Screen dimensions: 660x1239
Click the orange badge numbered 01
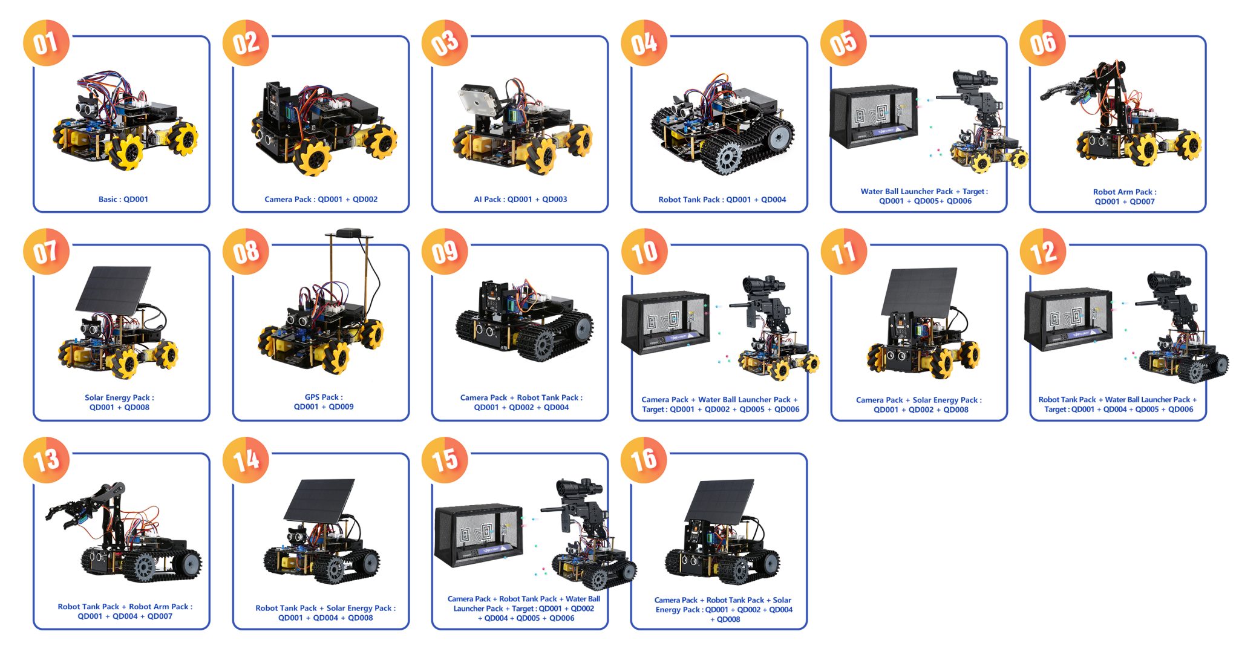point(46,43)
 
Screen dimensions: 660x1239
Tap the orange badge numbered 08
point(246,252)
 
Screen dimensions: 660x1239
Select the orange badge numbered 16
point(644,460)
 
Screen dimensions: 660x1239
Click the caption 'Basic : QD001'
point(123,199)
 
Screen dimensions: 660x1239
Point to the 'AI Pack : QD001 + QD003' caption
point(520,199)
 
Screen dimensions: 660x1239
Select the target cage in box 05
point(874,117)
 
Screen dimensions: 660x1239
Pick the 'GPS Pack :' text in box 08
point(324,397)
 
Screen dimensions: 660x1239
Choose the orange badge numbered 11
point(843,252)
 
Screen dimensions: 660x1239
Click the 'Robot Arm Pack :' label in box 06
point(1124,192)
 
